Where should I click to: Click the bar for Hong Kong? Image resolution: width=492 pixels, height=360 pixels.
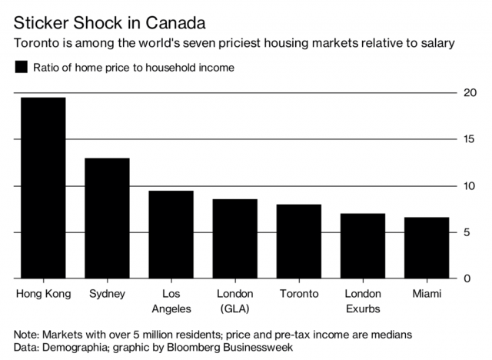pyautogui.click(x=43, y=188)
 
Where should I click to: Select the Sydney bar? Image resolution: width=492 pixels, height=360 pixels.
pyautogui.click(x=107, y=218)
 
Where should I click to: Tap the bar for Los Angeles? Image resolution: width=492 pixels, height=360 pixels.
pyautogui.click(x=171, y=234)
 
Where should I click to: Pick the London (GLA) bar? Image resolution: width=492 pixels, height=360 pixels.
pyautogui.click(x=234, y=238)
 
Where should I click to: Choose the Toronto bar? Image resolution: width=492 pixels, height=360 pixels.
pyautogui.click(x=298, y=241)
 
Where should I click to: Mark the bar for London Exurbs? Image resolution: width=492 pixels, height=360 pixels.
pyautogui.click(x=362, y=245)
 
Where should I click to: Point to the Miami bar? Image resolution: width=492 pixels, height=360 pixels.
pyautogui.click(x=427, y=248)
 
